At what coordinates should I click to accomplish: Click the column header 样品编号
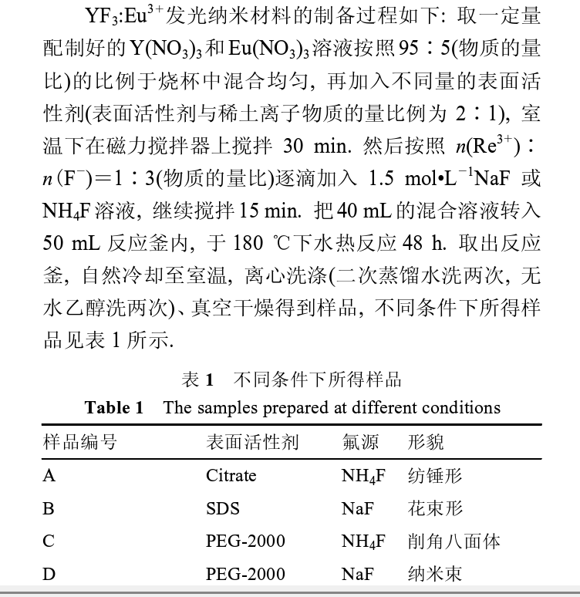tap(79, 442)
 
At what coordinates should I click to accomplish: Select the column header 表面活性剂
tap(251, 442)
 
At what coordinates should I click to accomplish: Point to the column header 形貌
tap(426, 442)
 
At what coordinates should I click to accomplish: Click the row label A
tap(49, 475)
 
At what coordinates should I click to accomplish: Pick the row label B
tap(49, 508)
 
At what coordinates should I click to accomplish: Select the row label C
tap(49, 541)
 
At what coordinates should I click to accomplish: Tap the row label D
tap(49, 575)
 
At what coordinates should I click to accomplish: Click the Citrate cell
tap(231, 475)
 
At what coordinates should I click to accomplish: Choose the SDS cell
tap(222, 508)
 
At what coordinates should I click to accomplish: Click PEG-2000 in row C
tap(245, 541)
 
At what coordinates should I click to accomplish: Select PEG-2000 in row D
tap(245, 575)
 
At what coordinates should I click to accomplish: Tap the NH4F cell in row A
tap(363, 476)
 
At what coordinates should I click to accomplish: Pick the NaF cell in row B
tap(357, 508)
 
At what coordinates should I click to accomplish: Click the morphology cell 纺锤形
tap(435, 475)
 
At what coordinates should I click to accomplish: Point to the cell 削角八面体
tap(454, 541)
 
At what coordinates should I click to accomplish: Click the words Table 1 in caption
tap(113, 407)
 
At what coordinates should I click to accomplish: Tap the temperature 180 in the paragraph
tap(247, 245)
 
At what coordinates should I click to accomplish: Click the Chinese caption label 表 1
tap(197, 379)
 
